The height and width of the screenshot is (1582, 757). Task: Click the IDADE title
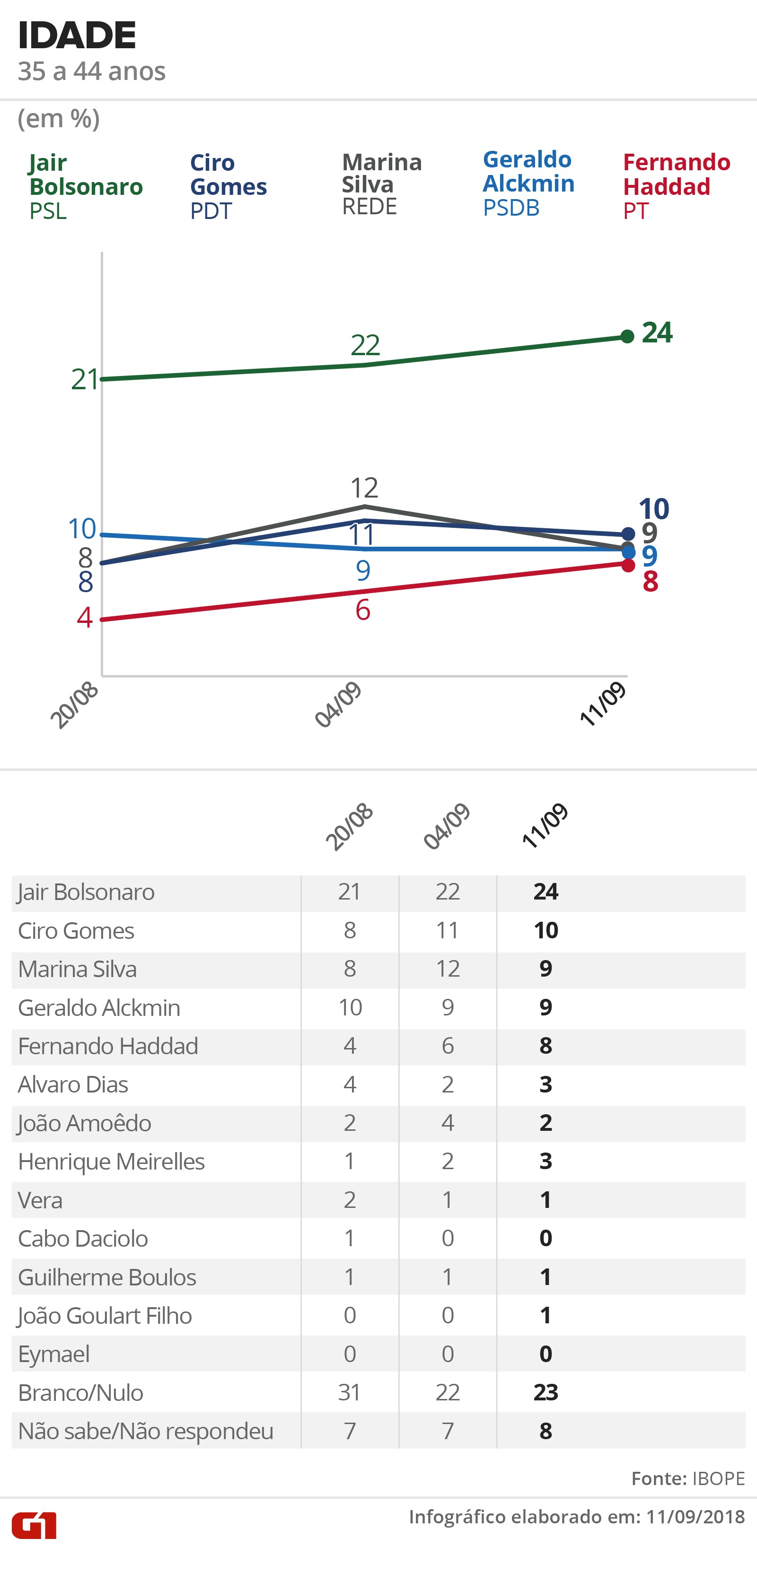pyautogui.click(x=77, y=35)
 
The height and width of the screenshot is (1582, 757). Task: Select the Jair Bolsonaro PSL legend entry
pyautogui.click(x=86, y=186)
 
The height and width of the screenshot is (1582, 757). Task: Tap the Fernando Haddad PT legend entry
pyautogui.click(x=676, y=185)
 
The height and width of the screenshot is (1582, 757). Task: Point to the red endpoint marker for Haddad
pyautogui.click(x=628, y=565)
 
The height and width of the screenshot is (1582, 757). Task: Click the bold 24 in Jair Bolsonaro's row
pyautogui.click(x=546, y=892)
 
